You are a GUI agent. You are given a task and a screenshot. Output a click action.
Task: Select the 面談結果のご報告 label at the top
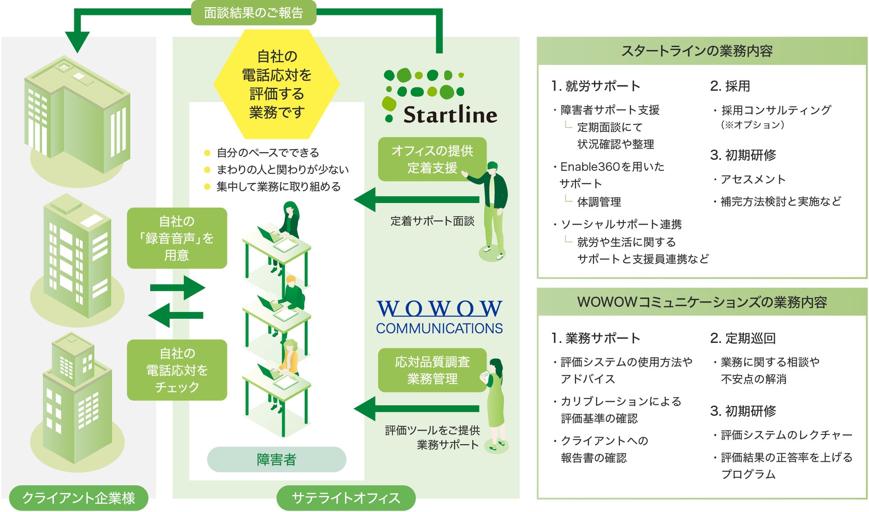[254, 13]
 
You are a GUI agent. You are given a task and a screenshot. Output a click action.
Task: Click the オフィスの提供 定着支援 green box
[432, 159]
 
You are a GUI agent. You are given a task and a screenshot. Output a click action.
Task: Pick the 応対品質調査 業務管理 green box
[432, 370]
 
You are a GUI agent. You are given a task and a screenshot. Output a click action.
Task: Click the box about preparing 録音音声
[177, 238]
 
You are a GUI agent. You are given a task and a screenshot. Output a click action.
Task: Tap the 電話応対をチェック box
[177, 370]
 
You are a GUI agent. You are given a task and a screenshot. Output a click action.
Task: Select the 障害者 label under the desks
[276, 459]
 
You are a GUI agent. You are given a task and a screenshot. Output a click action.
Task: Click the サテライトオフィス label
[346, 498]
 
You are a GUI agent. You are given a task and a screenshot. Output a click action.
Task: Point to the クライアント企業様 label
[78, 498]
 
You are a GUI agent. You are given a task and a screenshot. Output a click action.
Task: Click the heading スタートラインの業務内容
[697, 51]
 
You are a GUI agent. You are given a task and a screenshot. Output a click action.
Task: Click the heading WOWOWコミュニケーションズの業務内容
[702, 302]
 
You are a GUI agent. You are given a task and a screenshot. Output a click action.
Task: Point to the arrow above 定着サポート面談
[417, 200]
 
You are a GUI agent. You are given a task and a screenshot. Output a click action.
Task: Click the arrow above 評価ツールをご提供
[417, 409]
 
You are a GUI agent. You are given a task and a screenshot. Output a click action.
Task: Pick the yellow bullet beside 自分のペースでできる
[207, 153]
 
